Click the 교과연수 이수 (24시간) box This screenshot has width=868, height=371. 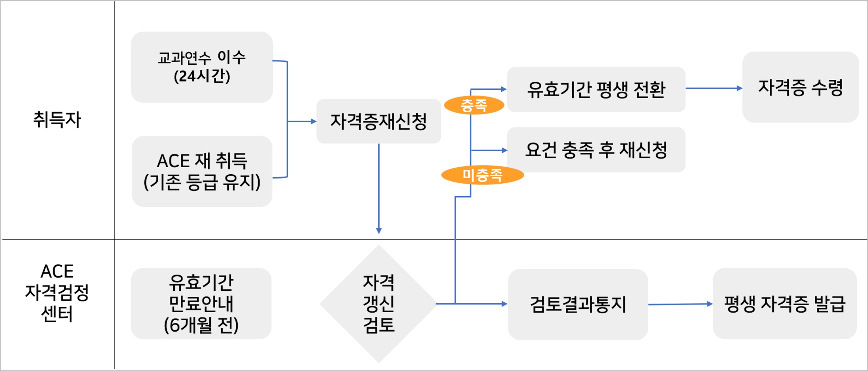pos(201,67)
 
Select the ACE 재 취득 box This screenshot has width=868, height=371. pos(202,171)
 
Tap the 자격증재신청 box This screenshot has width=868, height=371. pos(379,121)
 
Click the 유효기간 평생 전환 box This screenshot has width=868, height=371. pos(596,89)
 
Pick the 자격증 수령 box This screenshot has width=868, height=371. pos(800,87)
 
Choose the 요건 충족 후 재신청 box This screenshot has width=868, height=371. pos(596,150)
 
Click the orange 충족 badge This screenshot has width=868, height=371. pos(474,105)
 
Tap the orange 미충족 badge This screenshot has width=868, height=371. pos(482,175)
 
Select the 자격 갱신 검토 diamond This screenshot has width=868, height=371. pos(379,304)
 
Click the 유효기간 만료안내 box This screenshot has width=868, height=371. pos(201,303)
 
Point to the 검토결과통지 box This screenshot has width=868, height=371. pos(578,304)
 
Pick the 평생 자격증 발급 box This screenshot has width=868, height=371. pos(785,304)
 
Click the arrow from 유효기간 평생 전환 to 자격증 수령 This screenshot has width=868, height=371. pos(714,88)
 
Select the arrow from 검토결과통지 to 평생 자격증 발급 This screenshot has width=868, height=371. pos(680,304)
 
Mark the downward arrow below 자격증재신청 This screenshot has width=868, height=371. pos(379,188)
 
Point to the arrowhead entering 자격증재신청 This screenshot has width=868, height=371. pos(313,121)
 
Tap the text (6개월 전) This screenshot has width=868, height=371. pos(201,325)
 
